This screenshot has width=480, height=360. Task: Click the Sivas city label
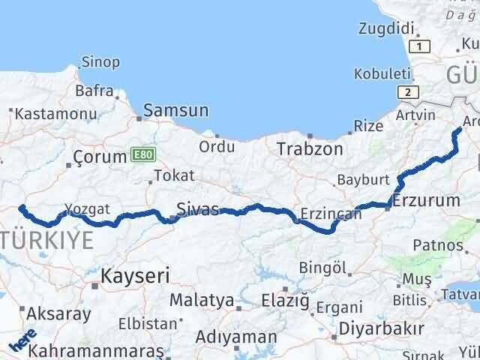[196, 208]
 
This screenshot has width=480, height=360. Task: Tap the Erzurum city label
[426, 200]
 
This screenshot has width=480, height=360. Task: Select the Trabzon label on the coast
[310, 148]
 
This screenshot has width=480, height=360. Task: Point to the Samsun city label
[175, 110]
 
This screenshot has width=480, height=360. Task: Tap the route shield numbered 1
[421, 46]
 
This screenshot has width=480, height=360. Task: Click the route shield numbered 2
[407, 92]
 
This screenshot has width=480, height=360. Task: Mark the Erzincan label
[331, 214]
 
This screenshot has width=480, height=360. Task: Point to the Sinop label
[100, 62]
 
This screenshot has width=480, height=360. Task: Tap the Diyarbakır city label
[382, 328]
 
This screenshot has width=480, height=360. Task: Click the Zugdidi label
[387, 28]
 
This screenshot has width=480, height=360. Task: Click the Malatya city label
[201, 300]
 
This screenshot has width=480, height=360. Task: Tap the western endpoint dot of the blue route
[22, 187]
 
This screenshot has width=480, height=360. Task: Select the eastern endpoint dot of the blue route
[460, 130]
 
